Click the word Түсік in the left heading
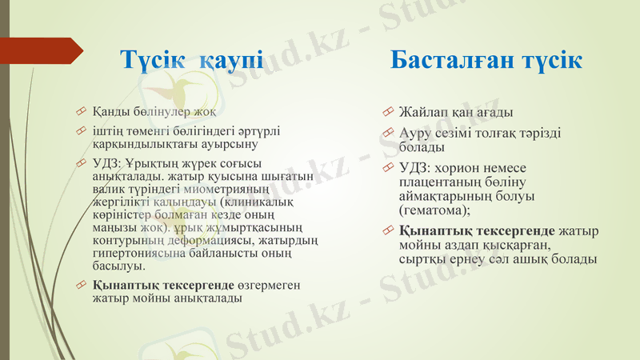151,59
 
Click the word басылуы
118,266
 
